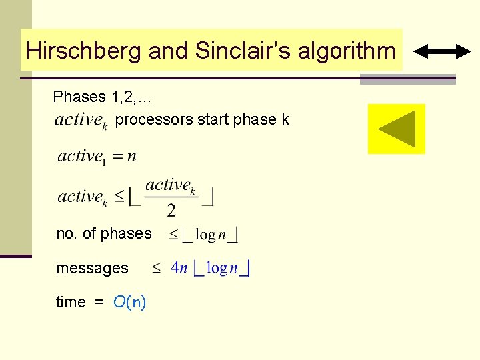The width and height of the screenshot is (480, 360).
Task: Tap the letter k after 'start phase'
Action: click(285, 120)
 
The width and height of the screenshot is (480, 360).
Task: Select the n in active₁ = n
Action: click(131, 156)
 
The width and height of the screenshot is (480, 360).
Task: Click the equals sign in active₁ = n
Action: click(116, 157)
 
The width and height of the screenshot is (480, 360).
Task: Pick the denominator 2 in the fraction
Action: click(171, 211)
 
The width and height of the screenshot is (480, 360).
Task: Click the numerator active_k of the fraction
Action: click(171, 185)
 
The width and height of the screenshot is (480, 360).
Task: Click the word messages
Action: click(92, 268)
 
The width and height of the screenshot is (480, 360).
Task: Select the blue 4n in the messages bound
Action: click(179, 268)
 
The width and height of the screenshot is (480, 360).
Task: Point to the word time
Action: click(71, 302)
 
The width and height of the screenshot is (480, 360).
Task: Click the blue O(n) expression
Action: click(129, 302)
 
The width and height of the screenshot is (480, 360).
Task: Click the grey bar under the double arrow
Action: click(407, 79)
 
